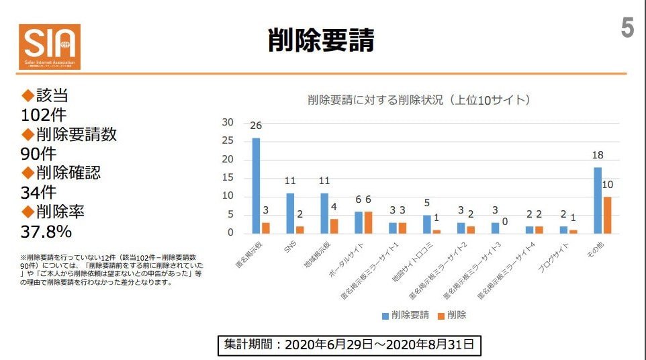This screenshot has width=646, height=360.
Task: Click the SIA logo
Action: [x=50, y=46]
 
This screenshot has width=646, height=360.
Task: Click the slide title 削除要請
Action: [x=321, y=40]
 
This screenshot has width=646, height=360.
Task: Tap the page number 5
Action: [x=627, y=29]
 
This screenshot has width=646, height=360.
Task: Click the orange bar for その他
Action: [x=607, y=215]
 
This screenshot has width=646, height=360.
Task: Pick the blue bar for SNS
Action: [x=290, y=213]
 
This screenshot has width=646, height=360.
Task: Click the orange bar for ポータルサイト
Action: [x=368, y=222]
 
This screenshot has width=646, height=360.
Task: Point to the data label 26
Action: [x=256, y=126]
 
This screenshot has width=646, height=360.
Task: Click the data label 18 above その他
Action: [x=598, y=155]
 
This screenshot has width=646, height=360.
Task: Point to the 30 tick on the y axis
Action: [x=227, y=122]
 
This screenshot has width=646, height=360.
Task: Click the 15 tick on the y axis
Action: [x=227, y=178]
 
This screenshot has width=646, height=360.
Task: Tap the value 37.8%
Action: [x=46, y=231]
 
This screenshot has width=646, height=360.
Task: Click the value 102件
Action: [x=44, y=115]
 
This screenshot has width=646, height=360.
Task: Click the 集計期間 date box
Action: [x=349, y=345]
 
